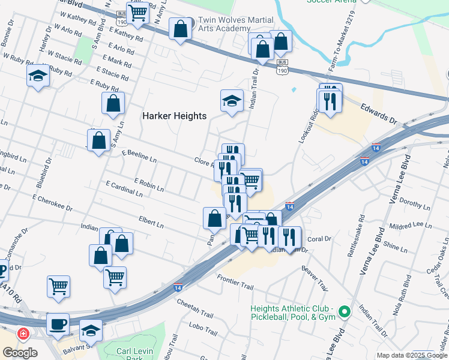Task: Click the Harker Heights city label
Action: tap(174, 116)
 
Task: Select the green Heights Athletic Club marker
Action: tap(344, 311)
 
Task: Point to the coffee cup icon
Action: tap(58, 324)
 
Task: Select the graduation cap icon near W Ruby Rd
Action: tap(38, 75)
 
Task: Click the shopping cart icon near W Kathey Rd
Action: tap(138, 13)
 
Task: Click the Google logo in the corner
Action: tap(20, 353)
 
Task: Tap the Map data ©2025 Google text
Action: tap(412, 355)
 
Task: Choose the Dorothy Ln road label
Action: tap(411, 205)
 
